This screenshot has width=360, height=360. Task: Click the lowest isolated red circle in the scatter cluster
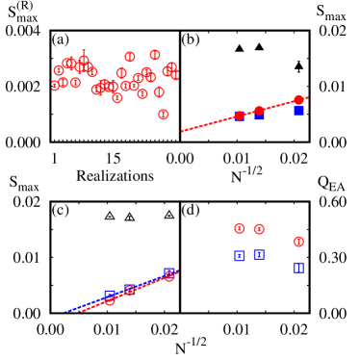164,115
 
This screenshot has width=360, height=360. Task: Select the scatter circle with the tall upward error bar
84,61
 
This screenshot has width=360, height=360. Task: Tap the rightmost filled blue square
298,112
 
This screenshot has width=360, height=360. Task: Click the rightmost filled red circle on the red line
298,100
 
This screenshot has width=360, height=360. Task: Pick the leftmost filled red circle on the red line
239,116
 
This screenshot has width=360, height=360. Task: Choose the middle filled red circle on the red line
259,111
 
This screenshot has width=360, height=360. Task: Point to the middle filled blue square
259,116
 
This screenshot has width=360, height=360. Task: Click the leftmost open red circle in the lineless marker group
240,228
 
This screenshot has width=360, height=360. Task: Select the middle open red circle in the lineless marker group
259,229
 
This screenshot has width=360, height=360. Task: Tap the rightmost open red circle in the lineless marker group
298,242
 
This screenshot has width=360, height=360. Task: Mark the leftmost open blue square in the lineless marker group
240,255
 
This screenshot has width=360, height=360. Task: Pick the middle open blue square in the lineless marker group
259,254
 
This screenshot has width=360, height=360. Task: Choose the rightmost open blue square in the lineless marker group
298,267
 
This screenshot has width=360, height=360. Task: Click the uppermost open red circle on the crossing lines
169,276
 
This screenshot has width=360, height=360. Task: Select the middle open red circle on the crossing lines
129,290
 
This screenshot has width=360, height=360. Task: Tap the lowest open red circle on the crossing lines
110,300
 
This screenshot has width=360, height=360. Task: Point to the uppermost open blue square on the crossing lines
169,272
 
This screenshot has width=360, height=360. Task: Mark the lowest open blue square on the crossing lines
110,295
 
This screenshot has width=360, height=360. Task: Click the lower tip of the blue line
65,311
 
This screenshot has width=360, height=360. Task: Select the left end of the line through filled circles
182,131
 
